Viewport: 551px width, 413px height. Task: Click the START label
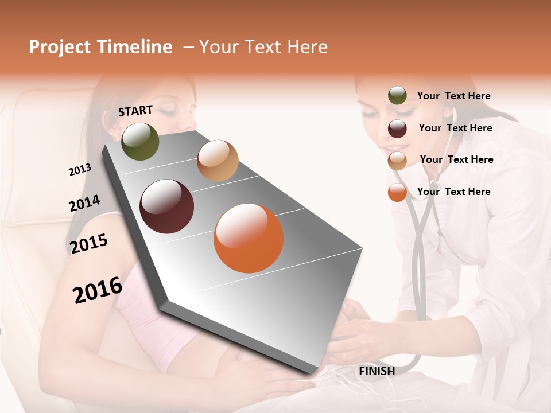135,111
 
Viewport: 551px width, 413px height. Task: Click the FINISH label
377,371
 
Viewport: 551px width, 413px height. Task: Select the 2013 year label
80,170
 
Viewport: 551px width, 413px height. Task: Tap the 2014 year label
84,204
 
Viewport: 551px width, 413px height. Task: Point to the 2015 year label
89,244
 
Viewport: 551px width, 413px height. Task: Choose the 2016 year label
98,290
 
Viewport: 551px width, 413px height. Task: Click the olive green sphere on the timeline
140,141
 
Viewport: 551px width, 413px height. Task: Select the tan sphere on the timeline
218,161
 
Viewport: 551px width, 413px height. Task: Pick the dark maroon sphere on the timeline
167,206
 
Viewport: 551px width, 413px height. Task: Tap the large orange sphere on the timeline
249,238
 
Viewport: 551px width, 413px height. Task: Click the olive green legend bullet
397,96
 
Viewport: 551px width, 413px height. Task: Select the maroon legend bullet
397,128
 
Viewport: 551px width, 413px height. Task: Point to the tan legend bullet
397,160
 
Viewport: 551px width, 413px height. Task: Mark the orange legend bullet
397,192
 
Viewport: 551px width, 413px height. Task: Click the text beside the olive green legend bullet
453,96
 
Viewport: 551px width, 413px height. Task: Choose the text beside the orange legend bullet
453,192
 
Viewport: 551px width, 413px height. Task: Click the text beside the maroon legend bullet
455,128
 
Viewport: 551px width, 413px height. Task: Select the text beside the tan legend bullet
456,159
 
